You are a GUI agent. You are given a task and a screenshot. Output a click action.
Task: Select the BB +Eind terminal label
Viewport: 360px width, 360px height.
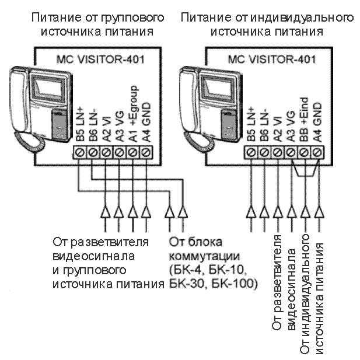[304, 120]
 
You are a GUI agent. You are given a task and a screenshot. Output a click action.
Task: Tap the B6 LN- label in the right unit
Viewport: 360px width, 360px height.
[264, 123]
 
